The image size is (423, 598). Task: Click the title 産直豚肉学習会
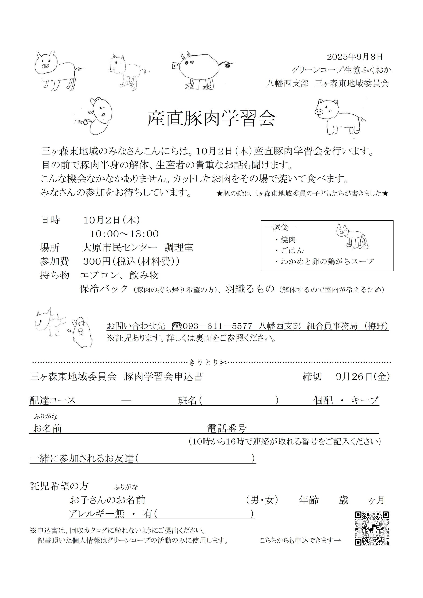coord(211,119)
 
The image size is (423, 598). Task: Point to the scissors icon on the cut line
coord(223,362)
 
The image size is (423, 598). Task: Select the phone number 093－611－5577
coord(217,326)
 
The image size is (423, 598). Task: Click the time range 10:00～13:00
coord(124,234)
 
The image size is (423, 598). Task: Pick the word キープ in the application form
coord(365,400)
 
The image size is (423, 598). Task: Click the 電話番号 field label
coord(227,428)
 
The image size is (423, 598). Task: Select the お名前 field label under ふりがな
coord(47,428)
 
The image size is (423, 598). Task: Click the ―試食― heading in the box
coord(281,227)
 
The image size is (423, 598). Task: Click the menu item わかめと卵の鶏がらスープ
coord(327,261)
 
